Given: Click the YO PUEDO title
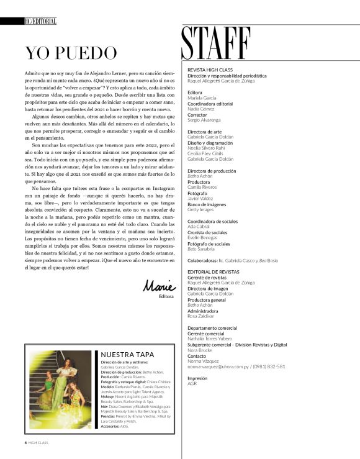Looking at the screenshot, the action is coord(70,54).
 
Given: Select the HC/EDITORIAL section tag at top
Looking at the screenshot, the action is coord(40,21).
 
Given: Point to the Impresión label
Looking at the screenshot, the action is coord(197,378).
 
